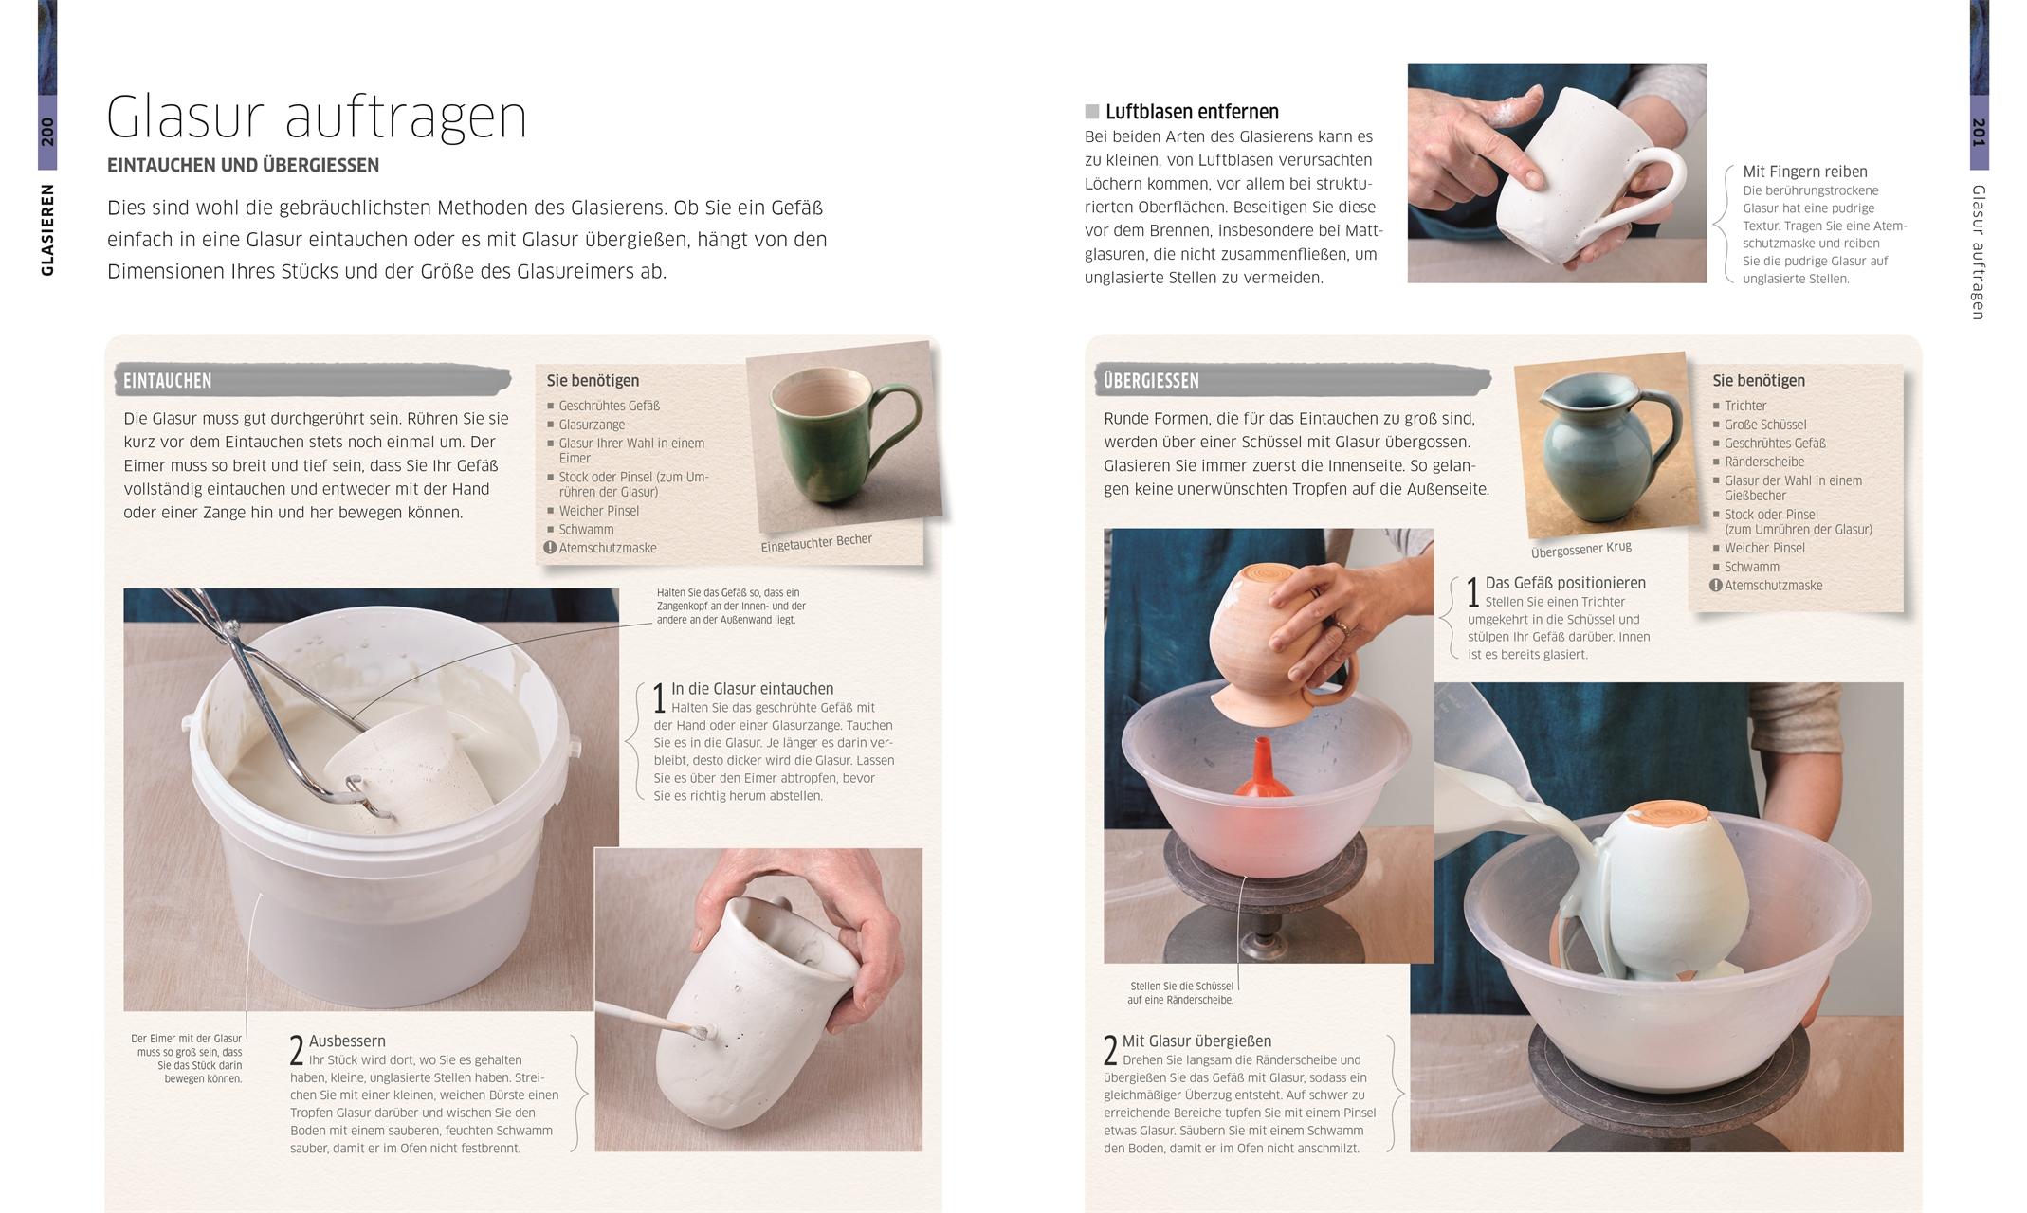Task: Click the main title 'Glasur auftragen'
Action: tap(317, 118)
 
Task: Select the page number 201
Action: tap(1979, 133)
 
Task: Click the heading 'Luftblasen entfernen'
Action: tap(1192, 112)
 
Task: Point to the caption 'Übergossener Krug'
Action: tap(1581, 550)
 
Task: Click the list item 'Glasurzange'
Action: tap(592, 425)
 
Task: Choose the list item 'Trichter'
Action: tap(1745, 406)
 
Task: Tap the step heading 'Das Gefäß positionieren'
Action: tap(1565, 583)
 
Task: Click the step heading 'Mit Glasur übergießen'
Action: tap(1196, 1041)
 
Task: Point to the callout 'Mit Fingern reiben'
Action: tap(1805, 172)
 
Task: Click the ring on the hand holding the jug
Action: tap(1342, 625)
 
